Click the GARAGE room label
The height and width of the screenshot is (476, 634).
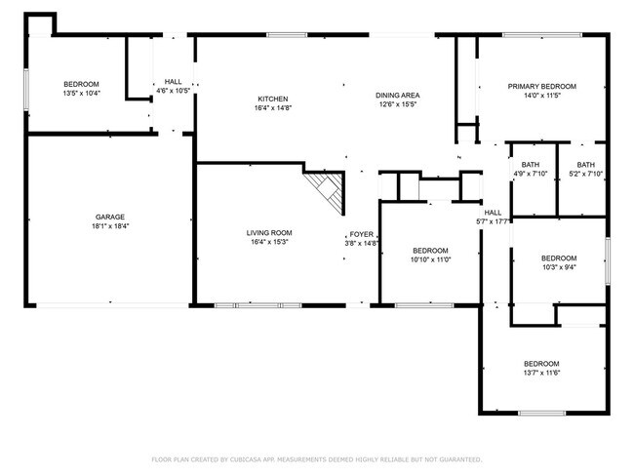click(110, 217)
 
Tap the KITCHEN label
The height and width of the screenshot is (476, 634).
click(272, 99)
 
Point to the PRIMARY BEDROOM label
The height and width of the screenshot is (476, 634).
click(541, 87)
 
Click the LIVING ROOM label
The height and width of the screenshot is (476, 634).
click(268, 232)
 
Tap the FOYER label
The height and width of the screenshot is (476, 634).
click(362, 235)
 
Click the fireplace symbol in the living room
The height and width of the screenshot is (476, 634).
click(327, 190)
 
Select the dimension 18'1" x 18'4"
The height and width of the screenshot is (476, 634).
click(110, 225)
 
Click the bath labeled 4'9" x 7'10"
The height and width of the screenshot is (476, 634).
click(531, 165)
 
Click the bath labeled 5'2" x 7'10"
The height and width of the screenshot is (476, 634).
click(585, 165)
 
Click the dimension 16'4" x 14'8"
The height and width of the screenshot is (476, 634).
click(272, 107)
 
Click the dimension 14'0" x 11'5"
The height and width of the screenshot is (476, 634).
click(541, 96)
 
